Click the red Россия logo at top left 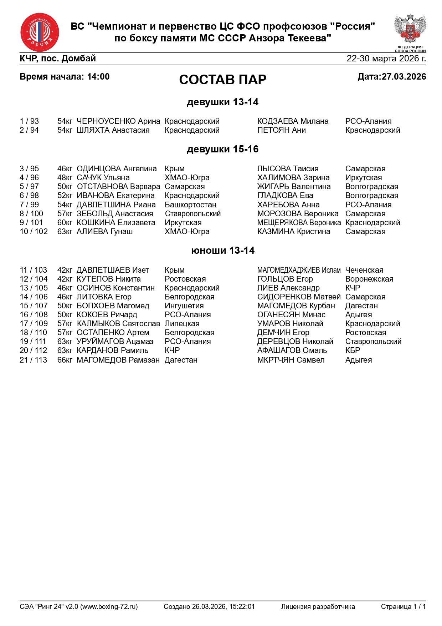point(40,32)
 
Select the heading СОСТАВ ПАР point(222,80)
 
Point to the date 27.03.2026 point(404,77)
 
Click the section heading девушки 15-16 point(222,149)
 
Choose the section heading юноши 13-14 point(222,251)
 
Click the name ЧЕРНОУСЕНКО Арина point(118,121)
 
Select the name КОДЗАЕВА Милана point(293,121)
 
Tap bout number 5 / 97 point(29,187)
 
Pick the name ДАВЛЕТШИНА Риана point(116,205)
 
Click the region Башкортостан point(190,205)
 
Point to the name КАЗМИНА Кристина point(294,232)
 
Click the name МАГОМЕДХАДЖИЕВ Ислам point(299,270)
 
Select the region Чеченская point(364,270)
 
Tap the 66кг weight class point(65,360)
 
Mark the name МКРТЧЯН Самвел point(291,360)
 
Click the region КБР point(353,350)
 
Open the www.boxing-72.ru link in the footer point(109,606)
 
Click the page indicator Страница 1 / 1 point(403,606)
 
